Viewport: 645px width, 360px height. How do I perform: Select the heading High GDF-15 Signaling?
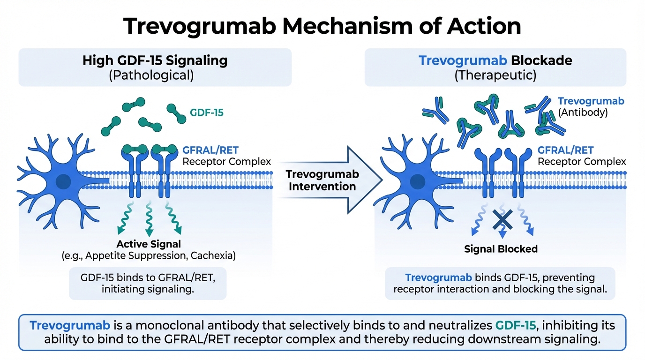click(x=155, y=61)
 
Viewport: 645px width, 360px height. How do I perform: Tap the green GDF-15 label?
click(x=206, y=112)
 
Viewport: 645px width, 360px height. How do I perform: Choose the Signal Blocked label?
click(x=501, y=249)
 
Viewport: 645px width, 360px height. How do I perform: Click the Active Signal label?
click(x=149, y=244)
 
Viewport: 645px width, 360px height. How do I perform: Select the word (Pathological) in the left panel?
click(x=151, y=75)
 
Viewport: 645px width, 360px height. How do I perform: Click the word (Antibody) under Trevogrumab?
click(x=583, y=112)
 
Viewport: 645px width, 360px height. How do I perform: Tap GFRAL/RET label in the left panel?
click(x=210, y=150)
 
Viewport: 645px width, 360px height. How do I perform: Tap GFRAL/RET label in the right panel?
click(x=565, y=150)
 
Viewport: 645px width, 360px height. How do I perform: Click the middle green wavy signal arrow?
click(x=150, y=218)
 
